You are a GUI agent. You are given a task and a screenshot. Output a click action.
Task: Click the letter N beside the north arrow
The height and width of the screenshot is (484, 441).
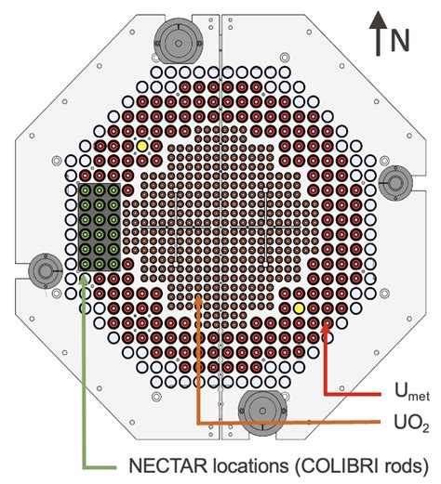[x=400, y=41]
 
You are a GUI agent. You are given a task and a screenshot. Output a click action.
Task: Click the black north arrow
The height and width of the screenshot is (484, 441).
[x=378, y=33]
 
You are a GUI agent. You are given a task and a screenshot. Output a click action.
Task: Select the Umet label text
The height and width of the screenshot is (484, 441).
[x=412, y=391]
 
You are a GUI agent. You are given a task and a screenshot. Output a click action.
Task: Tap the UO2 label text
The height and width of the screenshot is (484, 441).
[x=411, y=423]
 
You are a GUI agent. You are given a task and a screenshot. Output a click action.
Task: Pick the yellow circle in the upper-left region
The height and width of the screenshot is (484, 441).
[x=142, y=146]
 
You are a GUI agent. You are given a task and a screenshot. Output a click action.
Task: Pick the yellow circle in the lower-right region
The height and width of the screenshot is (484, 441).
[x=299, y=308]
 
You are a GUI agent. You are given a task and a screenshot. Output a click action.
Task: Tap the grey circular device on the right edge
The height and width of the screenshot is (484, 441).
[x=395, y=183]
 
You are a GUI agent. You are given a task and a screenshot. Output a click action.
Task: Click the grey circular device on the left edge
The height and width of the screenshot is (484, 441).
[x=46, y=271]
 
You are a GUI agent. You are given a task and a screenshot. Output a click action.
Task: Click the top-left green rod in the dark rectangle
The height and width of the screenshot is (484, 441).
[x=85, y=190]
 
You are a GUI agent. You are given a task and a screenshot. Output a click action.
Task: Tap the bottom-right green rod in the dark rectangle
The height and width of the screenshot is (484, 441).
[x=114, y=264]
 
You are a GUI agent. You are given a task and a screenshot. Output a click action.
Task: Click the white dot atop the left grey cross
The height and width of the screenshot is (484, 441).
[x=176, y=190]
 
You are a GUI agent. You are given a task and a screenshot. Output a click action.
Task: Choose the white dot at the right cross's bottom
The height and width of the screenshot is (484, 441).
[x=265, y=264]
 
